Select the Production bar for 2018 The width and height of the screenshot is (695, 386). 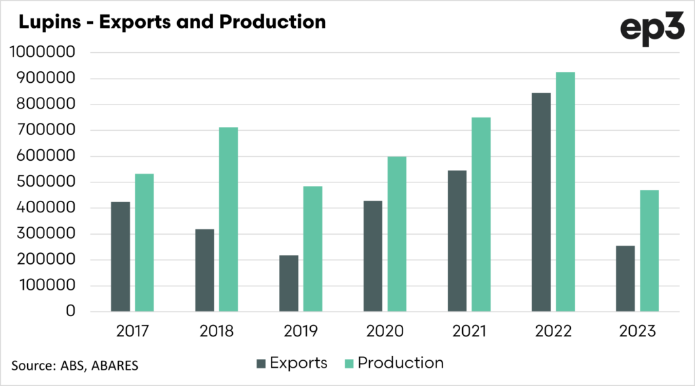pyautogui.click(x=229, y=219)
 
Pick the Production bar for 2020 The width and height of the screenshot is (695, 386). pyautogui.click(x=397, y=234)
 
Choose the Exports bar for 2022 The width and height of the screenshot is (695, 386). pyautogui.click(x=541, y=202)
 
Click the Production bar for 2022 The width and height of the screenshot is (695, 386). pyautogui.click(x=565, y=191)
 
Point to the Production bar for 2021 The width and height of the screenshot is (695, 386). pyautogui.click(x=481, y=214)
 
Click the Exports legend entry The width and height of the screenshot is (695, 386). pyautogui.click(x=292, y=363)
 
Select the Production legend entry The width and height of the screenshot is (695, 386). pyautogui.click(x=393, y=363)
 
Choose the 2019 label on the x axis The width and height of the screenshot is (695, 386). pyautogui.click(x=301, y=332)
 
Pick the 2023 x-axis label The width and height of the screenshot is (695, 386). pyautogui.click(x=637, y=332)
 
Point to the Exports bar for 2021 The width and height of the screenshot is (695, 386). pyautogui.click(x=457, y=241)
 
